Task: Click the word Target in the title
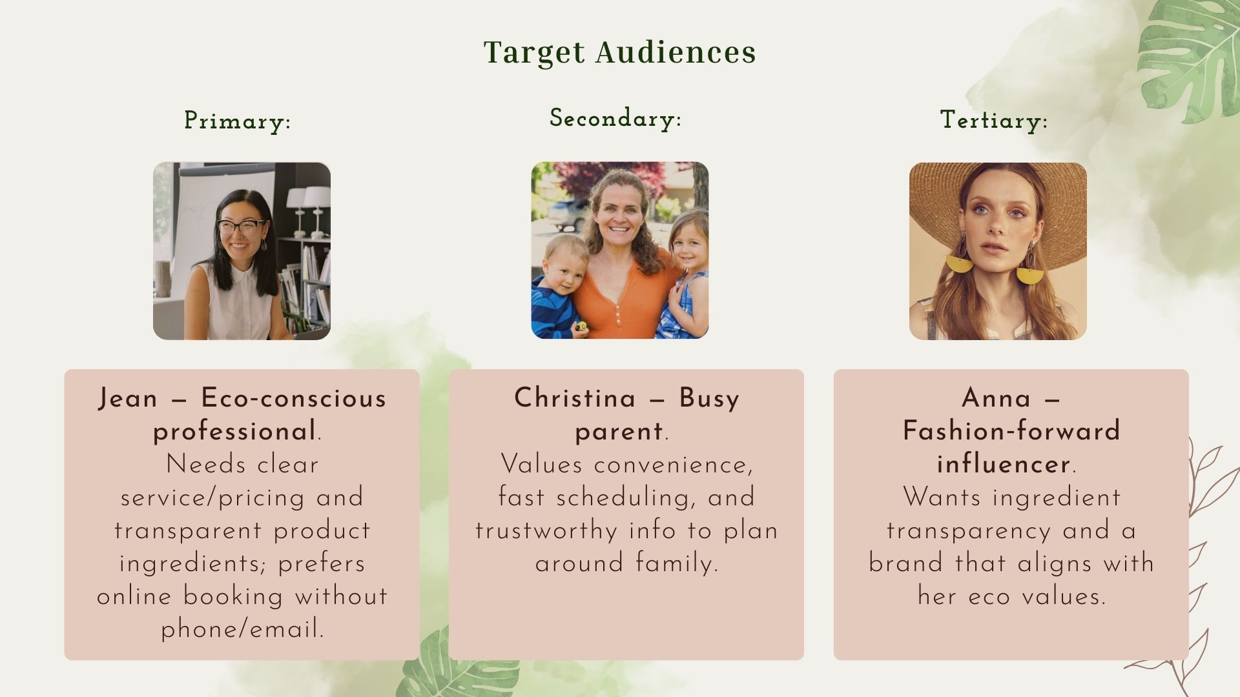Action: coord(534,52)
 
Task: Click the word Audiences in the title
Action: coord(676,52)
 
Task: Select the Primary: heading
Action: coord(237,121)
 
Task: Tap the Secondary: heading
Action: coord(615,119)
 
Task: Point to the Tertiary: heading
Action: coord(993,120)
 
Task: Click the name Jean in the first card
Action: coord(128,398)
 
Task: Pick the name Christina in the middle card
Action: coord(575,398)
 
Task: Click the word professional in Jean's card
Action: coord(234,431)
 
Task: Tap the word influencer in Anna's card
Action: coord(1004,465)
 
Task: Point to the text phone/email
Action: coord(242,629)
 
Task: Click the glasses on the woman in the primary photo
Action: coord(241,227)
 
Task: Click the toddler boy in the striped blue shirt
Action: coord(559,284)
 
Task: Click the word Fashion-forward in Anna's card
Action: coord(1011,431)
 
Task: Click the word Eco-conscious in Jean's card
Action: coord(294,398)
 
